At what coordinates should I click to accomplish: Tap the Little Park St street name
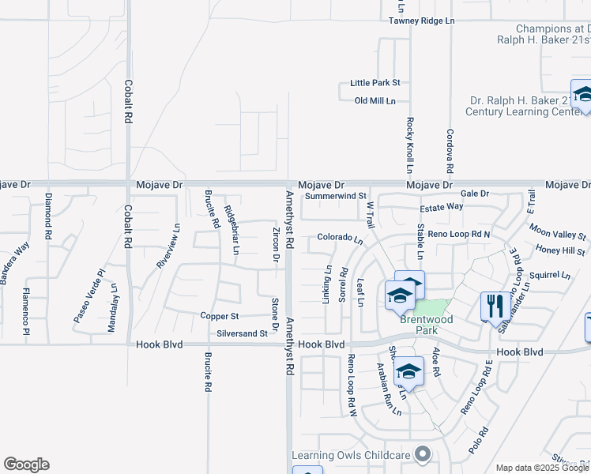coord(376,82)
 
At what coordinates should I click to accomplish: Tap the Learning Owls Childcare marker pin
coord(424,454)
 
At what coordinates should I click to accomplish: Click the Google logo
coord(26,465)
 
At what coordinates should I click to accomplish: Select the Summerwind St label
coord(336,195)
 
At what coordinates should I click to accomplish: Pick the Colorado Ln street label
coord(340,238)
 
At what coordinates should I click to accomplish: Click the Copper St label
coord(219,316)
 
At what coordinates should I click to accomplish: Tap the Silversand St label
coord(243,333)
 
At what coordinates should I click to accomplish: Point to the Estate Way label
coord(441,206)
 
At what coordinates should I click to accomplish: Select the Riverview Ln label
coord(168,246)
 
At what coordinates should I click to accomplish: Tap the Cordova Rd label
coord(449,152)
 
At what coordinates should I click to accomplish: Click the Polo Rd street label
coord(478,438)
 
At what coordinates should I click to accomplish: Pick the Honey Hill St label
coord(560,250)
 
